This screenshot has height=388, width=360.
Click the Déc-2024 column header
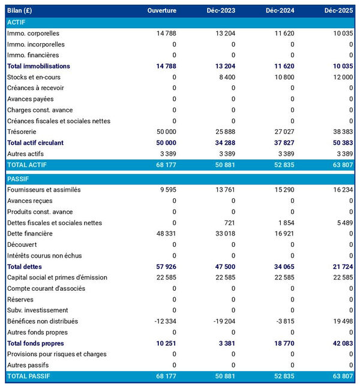[280, 11]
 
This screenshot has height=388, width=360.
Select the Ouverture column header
[162, 11]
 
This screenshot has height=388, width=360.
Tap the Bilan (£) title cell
[22, 11]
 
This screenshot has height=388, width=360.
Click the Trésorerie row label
[22, 132]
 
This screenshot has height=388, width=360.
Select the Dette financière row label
[30, 234]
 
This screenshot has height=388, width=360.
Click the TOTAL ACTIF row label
[27, 165]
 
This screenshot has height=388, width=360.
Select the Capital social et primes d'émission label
[57, 277]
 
